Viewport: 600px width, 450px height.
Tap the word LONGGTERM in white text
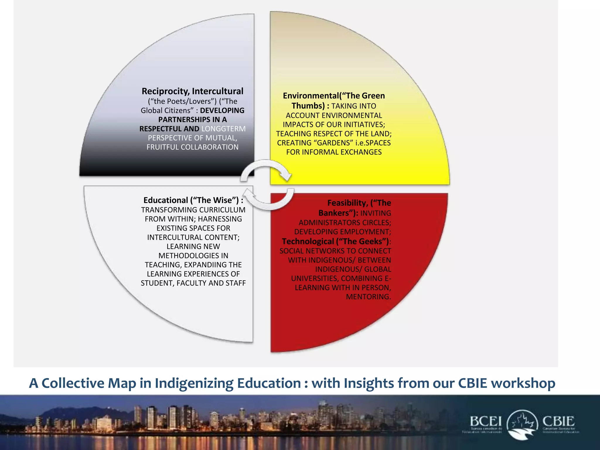click(x=224, y=129)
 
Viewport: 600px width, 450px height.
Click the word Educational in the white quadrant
click(x=166, y=200)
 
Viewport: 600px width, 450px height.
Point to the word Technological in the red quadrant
click(x=308, y=241)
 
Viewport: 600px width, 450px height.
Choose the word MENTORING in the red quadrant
click(x=368, y=297)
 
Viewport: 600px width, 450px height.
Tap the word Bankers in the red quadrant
click(x=337, y=213)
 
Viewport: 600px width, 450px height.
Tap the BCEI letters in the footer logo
click(x=486, y=422)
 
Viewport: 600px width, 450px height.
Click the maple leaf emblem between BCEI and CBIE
click(x=523, y=424)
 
